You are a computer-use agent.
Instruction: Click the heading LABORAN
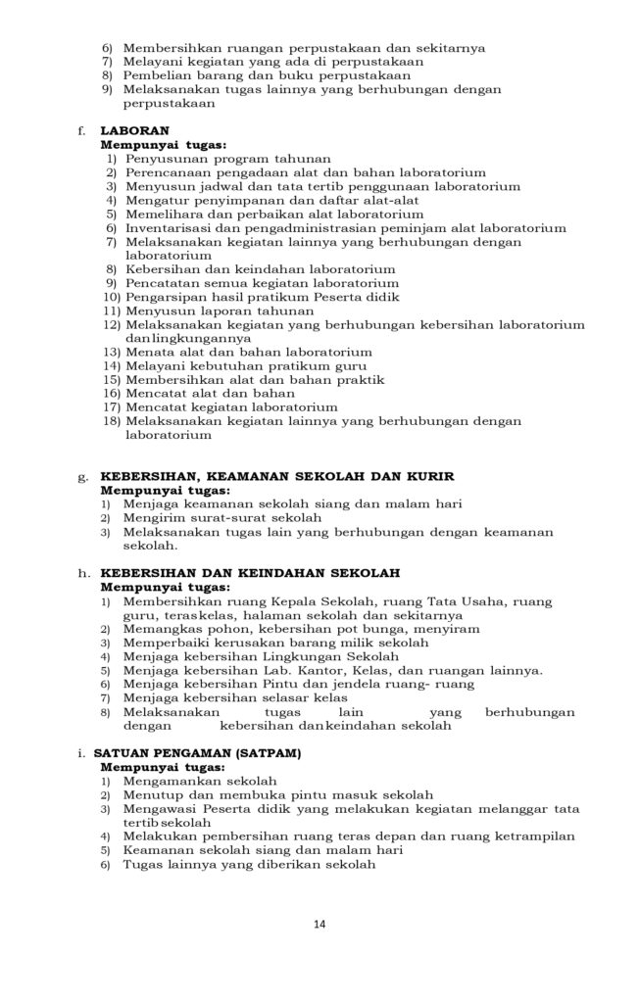point(135,129)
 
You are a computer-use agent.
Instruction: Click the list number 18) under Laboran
point(110,420)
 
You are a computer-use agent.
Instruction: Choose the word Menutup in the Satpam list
point(153,794)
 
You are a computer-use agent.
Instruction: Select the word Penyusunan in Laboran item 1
point(166,158)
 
